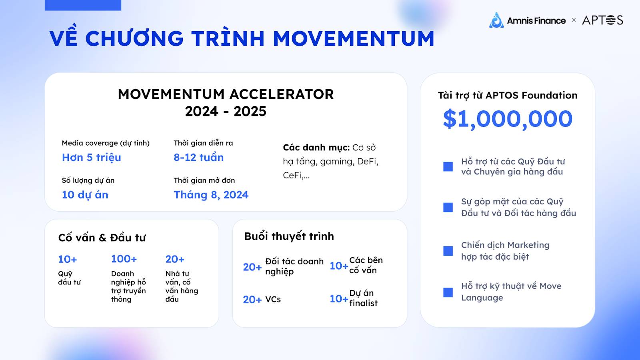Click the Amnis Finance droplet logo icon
click(496, 20)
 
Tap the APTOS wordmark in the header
click(602, 20)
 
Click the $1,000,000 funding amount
click(508, 119)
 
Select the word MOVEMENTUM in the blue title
click(354, 38)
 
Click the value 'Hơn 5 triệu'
click(92, 158)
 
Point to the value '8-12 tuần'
click(198, 158)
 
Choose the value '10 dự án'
click(85, 195)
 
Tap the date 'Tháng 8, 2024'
click(211, 195)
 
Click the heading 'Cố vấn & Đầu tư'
click(102, 238)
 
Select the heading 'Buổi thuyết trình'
click(289, 236)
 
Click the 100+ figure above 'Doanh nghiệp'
click(124, 259)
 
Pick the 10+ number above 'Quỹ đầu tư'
click(68, 259)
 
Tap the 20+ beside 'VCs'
click(252, 300)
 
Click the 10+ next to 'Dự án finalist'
click(339, 298)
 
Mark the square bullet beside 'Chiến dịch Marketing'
click(448, 251)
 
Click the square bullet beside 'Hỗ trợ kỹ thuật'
click(448, 292)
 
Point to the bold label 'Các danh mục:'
click(316, 148)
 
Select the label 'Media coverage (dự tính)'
click(106, 143)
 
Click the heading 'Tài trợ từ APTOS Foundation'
click(508, 96)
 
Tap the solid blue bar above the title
click(83, 5)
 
